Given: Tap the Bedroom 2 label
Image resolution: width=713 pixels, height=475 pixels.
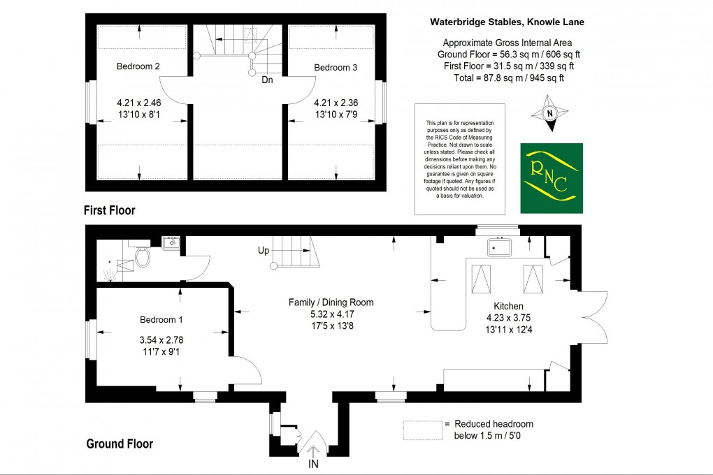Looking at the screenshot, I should [x=138, y=67].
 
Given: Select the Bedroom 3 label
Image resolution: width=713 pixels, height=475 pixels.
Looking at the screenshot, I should [x=336, y=68].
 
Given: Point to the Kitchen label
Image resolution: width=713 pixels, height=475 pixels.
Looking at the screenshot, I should [x=508, y=307].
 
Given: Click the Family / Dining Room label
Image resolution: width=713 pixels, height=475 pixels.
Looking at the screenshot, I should [x=331, y=302].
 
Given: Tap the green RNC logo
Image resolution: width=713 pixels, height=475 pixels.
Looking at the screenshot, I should [x=551, y=177].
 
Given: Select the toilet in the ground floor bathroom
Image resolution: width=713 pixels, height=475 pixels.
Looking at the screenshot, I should [x=143, y=258].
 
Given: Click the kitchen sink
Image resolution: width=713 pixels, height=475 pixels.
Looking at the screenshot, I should [x=500, y=247].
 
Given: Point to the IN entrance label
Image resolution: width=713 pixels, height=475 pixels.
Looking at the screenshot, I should [x=315, y=464].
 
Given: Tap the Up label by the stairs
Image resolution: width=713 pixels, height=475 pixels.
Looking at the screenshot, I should [x=264, y=249].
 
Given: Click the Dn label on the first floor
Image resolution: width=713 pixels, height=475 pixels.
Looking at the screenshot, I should [x=267, y=80].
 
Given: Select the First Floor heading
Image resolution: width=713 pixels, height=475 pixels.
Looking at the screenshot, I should [x=109, y=210].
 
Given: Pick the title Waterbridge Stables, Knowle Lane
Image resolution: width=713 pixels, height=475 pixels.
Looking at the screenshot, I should [x=506, y=22].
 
